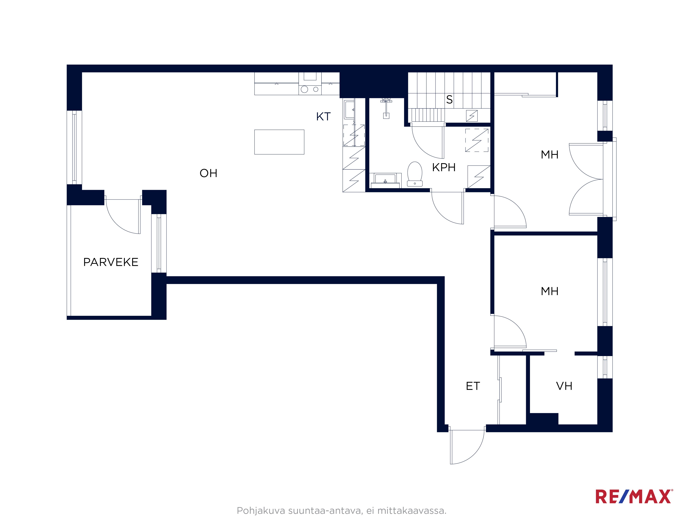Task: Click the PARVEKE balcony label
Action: (111, 262)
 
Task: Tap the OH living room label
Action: (208, 173)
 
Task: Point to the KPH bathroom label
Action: (443, 167)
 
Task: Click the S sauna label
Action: (449, 99)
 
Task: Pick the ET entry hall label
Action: (473, 386)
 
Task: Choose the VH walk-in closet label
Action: (564, 386)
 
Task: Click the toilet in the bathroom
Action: (415, 174)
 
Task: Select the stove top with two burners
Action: (310, 89)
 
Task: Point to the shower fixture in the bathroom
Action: (386, 108)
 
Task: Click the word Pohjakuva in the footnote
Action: (261, 511)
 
